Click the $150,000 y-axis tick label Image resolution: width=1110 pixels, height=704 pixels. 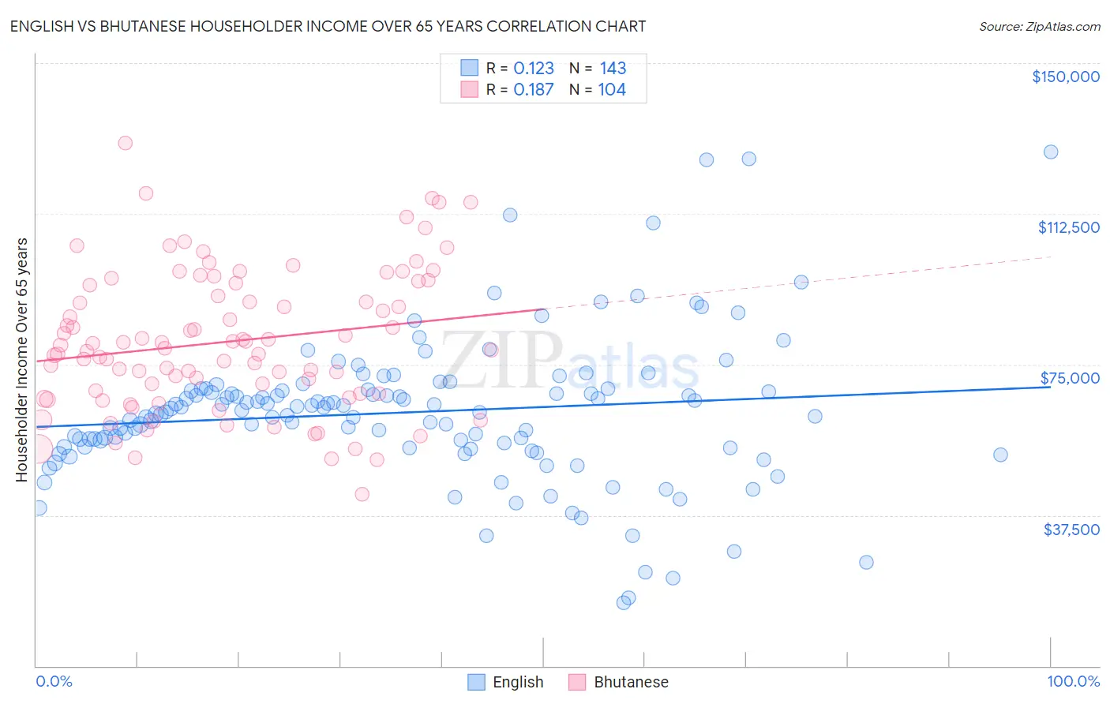tap(1065, 77)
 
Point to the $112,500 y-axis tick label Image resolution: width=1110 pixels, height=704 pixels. tap(1068, 227)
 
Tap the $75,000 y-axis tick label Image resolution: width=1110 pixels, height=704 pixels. tap(1070, 378)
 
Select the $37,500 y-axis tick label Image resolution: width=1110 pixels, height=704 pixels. tap(1071, 530)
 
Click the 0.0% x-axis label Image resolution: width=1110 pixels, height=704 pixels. tap(54, 681)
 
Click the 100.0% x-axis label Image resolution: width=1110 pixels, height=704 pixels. tap(1073, 681)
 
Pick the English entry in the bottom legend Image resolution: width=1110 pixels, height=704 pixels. tap(517, 682)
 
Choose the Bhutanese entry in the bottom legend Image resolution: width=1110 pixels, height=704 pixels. tap(630, 682)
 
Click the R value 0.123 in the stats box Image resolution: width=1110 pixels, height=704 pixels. tap(534, 68)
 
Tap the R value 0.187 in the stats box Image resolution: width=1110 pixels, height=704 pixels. tap(534, 89)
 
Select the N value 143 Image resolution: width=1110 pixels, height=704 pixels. tap(613, 68)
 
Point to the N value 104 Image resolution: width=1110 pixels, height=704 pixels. tap(612, 89)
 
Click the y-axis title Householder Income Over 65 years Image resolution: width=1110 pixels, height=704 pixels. tap(21, 360)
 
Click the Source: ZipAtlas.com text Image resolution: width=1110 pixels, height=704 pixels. tap(1039, 26)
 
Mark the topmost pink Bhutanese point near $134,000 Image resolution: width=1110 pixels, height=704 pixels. tap(125, 143)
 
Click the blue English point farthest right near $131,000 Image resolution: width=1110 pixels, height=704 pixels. tap(1051, 152)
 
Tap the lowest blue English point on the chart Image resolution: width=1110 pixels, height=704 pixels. tap(624, 602)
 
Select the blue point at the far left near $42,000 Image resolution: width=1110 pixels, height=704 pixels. tap(39, 507)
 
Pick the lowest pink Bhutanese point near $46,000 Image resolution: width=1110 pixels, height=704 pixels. tap(362, 494)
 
